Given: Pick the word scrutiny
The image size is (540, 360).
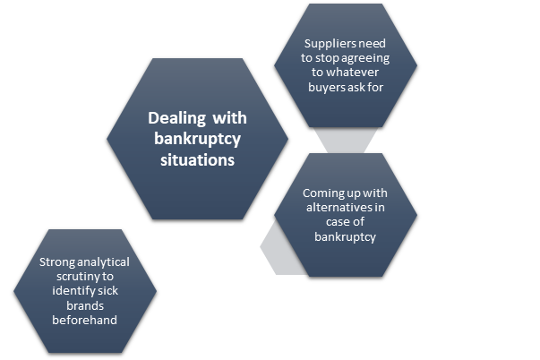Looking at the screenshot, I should pos(72,277).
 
